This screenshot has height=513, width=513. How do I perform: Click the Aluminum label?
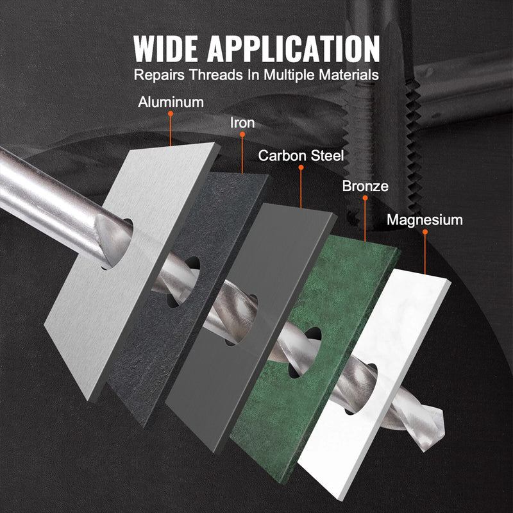click(171, 101)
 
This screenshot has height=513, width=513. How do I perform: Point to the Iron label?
click(242, 122)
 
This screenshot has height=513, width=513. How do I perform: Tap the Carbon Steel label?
click(301, 156)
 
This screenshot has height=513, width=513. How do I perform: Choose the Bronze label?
click(365, 187)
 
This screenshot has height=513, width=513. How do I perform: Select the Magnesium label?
click(425, 220)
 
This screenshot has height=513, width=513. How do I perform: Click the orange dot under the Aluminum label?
click(171, 114)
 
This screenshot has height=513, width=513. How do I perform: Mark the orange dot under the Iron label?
click(242, 135)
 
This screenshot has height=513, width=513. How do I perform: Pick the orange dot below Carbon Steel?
click(301, 168)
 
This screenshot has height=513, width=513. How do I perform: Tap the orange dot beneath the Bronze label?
click(365, 199)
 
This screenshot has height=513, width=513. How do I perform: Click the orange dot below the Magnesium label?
click(425, 233)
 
